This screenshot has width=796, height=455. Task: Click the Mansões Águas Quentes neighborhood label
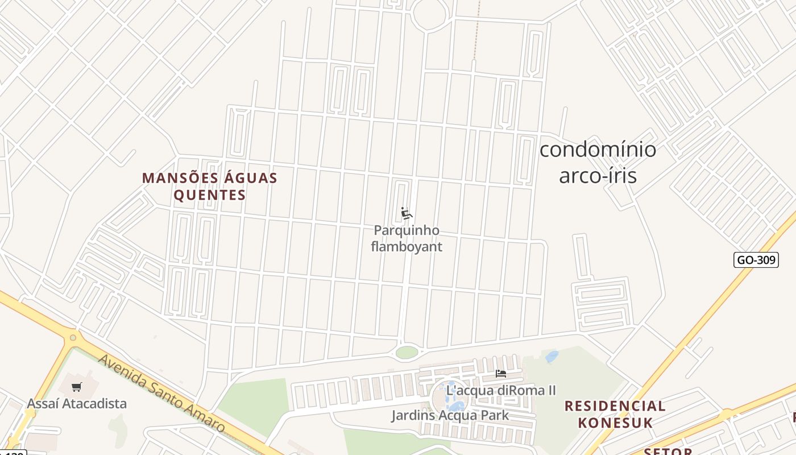click(210, 187)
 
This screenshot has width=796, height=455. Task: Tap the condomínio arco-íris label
click(598, 163)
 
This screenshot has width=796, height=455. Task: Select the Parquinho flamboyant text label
click(406, 238)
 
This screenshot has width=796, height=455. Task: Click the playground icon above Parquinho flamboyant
click(406, 214)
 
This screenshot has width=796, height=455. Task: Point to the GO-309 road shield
click(756, 260)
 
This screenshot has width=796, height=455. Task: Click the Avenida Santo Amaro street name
click(161, 393)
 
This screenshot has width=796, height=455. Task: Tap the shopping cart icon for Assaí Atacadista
click(77, 387)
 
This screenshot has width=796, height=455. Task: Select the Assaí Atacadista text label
click(77, 404)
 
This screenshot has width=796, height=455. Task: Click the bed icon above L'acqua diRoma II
click(501, 374)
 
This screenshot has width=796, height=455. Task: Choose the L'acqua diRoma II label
click(501, 391)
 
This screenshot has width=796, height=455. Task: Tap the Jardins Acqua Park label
click(450, 415)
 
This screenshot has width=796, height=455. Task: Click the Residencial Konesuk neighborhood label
click(615, 414)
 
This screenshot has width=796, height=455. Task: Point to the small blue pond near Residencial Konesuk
click(552, 357)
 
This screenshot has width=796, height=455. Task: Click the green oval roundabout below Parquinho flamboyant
click(407, 352)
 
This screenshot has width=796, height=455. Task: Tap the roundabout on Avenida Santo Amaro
click(73, 338)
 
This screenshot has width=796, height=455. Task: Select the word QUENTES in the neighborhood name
click(210, 196)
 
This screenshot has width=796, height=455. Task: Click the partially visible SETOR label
click(668, 451)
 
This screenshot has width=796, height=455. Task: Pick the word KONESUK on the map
click(615, 423)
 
